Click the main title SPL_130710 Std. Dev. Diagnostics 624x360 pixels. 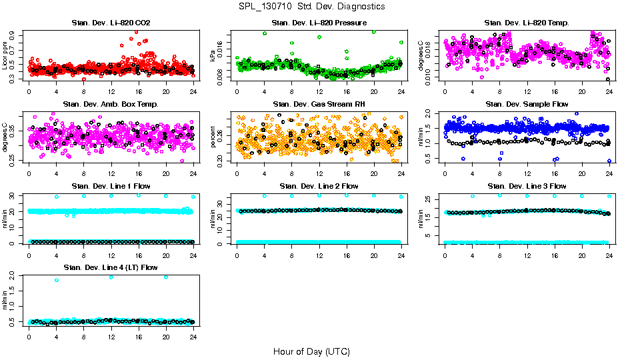click(311, 7)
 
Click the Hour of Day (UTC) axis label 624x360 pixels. click(311, 351)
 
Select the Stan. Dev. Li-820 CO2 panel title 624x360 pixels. click(111, 23)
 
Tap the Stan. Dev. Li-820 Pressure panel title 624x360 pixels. click(319, 23)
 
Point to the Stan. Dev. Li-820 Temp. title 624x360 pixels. click(527, 23)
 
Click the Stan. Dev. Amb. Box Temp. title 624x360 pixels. click(111, 105)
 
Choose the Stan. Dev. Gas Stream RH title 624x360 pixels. click(319, 105)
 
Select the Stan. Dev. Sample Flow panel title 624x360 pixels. click(527, 105)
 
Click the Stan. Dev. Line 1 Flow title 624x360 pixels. click(111, 186)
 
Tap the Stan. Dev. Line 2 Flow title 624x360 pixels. click(319, 186)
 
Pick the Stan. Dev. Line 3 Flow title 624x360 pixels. click(527, 186)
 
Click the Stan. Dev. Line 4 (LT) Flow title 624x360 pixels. click(111, 267)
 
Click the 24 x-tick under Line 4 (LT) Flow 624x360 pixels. click(193, 336)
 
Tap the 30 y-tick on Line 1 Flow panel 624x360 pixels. click(13, 195)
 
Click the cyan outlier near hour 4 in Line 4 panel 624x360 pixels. click(57, 280)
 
